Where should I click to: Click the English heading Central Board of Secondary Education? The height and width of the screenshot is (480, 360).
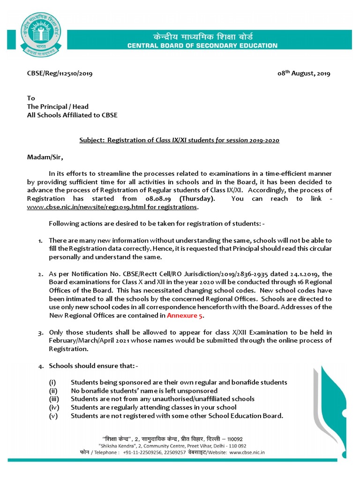pos(202,45)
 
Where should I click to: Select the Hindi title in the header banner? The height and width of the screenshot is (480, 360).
pos(202,36)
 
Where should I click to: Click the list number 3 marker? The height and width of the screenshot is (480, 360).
pos(41,332)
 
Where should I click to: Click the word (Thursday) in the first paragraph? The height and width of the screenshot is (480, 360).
pos(196,199)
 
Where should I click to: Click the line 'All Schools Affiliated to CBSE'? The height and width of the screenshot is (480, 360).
pos(72,115)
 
